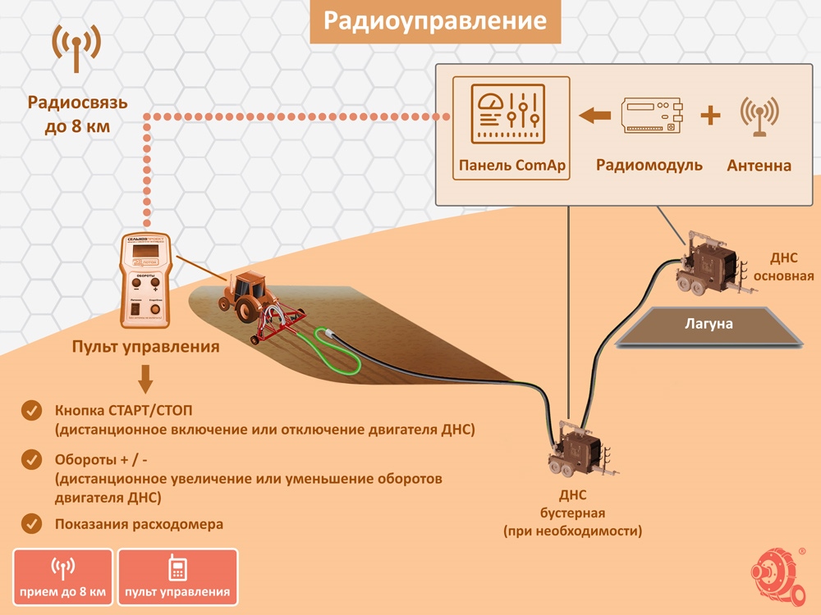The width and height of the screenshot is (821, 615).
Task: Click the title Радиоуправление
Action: click(x=434, y=20)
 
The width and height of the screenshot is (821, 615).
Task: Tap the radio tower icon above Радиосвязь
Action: click(x=76, y=48)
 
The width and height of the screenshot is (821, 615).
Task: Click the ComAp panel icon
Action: click(x=511, y=115)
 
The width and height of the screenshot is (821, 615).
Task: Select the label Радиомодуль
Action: click(x=649, y=165)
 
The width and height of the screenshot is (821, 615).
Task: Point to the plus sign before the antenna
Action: click(x=709, y=116)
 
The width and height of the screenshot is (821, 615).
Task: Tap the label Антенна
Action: click(x=759, y=166)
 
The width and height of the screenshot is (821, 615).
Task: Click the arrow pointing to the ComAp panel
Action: click(x=594, y=116)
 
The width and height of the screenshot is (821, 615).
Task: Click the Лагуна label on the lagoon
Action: click(x=709, y=323)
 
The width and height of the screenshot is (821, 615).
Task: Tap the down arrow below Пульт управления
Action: click(x=145, y=379)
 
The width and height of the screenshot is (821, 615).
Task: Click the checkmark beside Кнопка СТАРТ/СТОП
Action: click(x=32, y=409)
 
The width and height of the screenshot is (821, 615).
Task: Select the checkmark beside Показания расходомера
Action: click(x=32, y=523)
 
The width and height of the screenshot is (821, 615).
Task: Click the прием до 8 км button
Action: click(x=62, y=576)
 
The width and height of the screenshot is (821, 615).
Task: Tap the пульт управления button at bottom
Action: click(x=177, y=576)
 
